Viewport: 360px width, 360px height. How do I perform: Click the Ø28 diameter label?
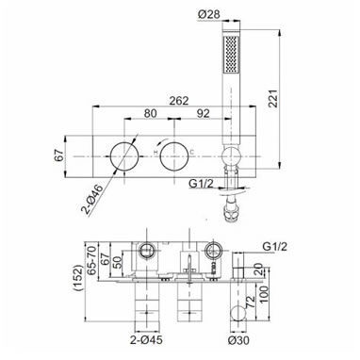click(x=209, y=14)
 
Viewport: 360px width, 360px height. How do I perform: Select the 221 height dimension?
click(x=273, y=98)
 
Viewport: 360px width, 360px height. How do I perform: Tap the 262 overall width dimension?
click(x=179, y=101)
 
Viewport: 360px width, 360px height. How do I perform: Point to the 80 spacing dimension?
click(x=150, y=113)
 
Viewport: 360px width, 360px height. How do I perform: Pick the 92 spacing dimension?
click(x=203, y=113)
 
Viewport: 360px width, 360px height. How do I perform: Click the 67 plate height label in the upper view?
click(x=58, y=155)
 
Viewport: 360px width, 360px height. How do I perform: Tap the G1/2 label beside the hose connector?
click(x=201, y=183)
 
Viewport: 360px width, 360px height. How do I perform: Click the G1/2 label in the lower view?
click(x=275, y=247)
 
